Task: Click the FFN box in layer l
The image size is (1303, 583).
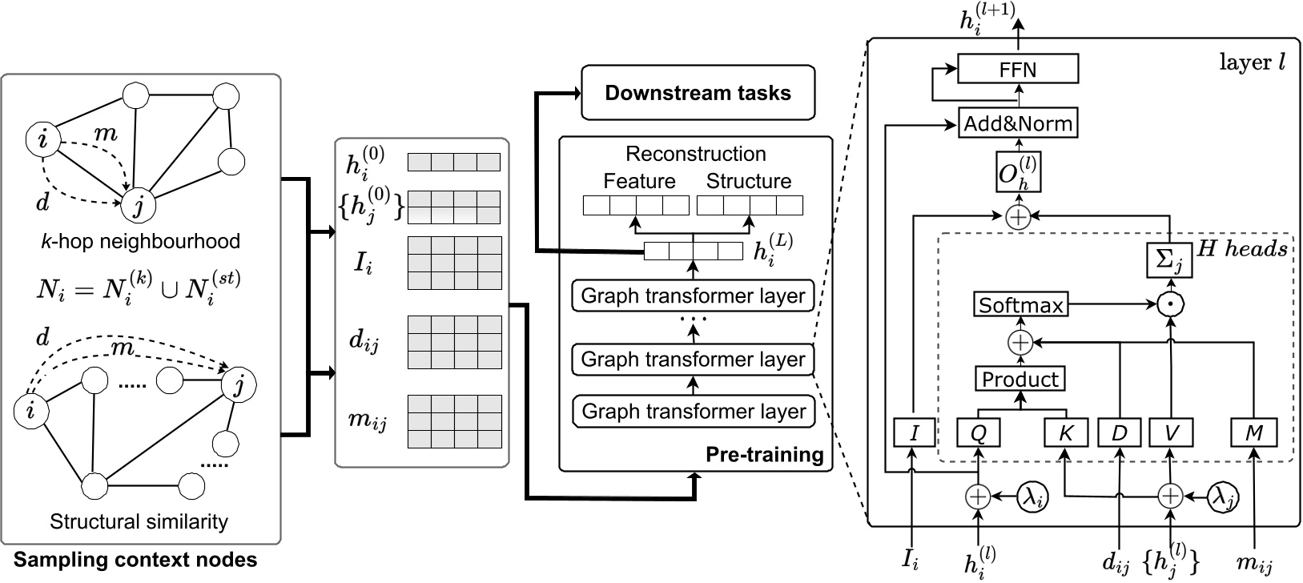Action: pyautogui.click(x=1018, y=69)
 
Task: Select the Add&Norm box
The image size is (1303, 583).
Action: pyautogui.click(x=1018, y=124)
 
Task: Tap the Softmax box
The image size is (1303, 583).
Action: pyautogui.click(x=1020, y=305)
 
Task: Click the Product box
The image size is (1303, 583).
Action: pyautogui.click(x=1019, y=379)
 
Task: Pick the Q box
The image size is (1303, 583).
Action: pyautogui.click(x=978, y=433)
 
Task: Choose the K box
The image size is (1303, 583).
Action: pyautogui.click(x=1065, y=433)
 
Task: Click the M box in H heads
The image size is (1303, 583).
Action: pyautogui.click(x=1253, y=433)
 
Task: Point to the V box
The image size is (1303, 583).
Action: pyautogui.click(x=1172, y=433)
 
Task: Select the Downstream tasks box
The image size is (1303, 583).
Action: pyautogui.click(x=698, y=93)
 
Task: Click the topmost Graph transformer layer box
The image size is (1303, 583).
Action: pyautogui.click(x=693, y=296)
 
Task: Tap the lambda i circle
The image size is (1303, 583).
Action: pyautogui.click(x=1032, y=497)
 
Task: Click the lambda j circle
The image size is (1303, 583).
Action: pyautogui.click(x=1223, y=497)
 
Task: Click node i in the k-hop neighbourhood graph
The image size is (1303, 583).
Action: pyautogui.click(x=43, y=141)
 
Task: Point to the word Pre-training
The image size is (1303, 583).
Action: pyautogui.click(x=764, y=455)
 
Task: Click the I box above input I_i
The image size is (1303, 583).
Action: pyautogui.click(x=914, y=433)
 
